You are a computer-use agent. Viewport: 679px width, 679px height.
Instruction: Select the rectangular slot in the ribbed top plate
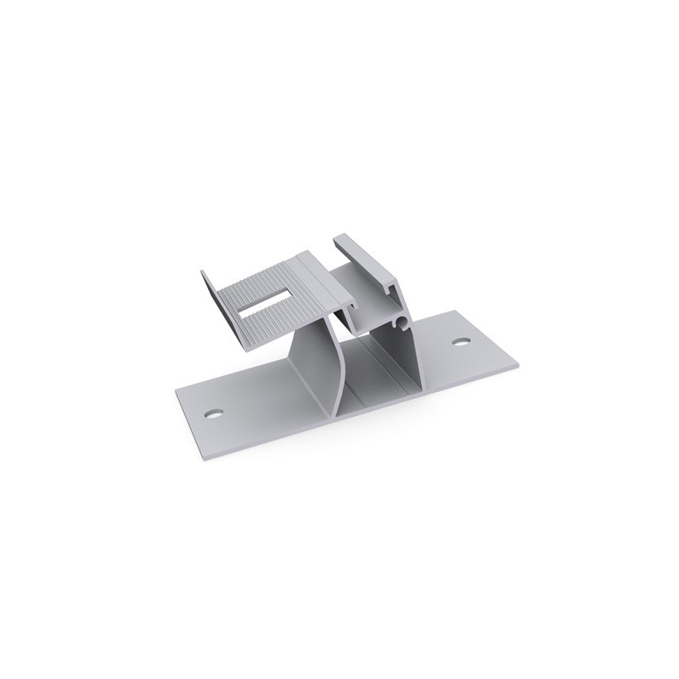267,303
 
